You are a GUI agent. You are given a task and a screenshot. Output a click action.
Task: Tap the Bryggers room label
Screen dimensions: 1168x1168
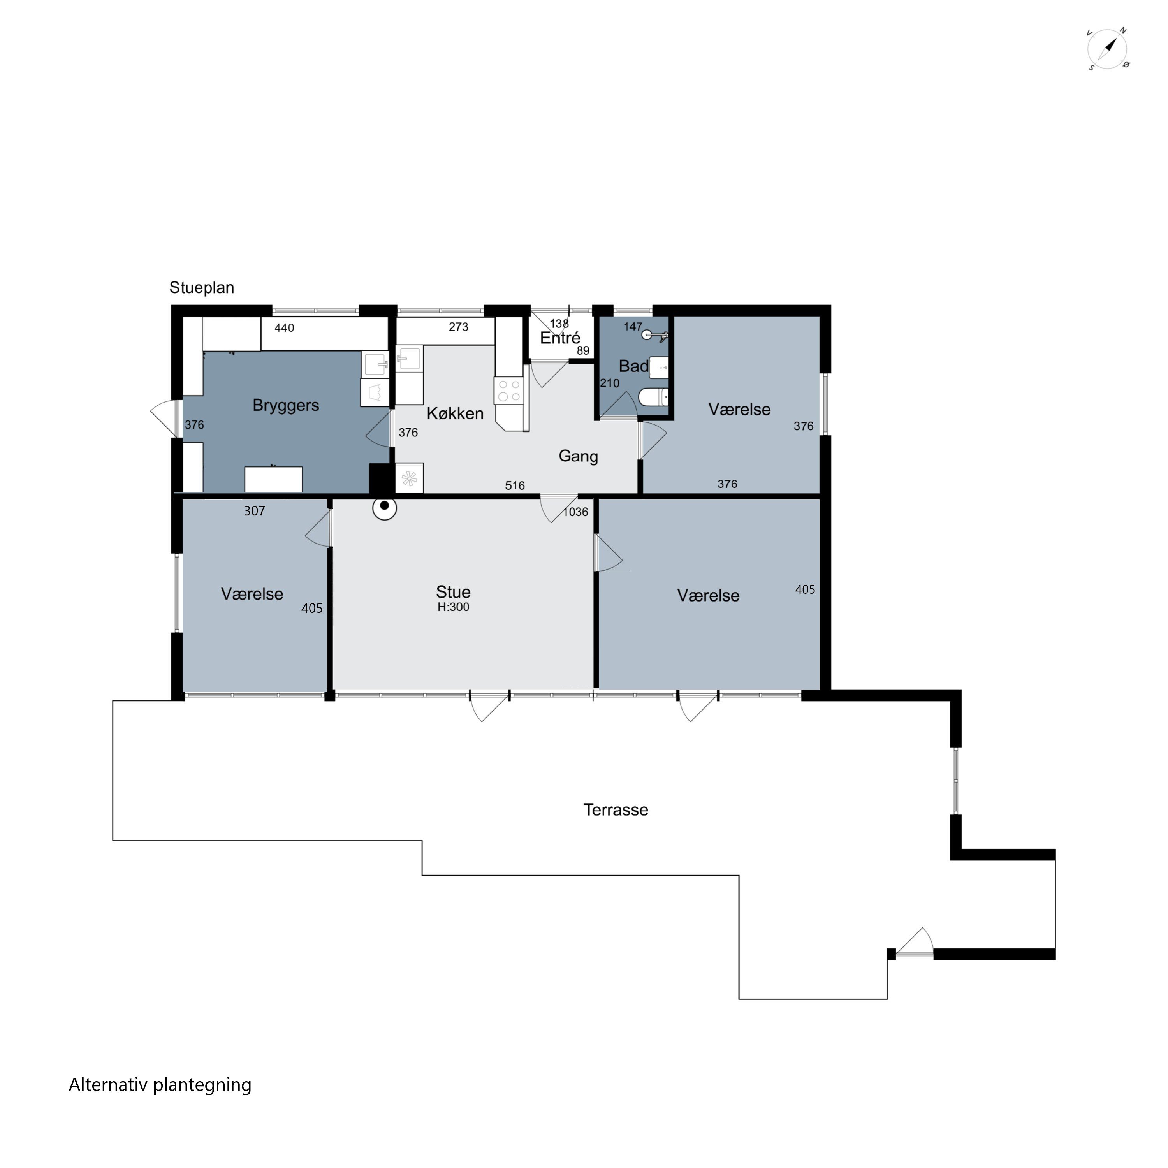tap(285, 405)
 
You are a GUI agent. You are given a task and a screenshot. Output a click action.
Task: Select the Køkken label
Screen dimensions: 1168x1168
tap(455, 413)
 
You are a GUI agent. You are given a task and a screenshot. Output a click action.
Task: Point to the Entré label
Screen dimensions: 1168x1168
tap(560, 338)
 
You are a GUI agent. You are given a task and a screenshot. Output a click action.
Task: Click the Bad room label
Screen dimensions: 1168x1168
tap(633, 366)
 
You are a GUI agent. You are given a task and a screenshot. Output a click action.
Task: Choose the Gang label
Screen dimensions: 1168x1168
tap(578, 456)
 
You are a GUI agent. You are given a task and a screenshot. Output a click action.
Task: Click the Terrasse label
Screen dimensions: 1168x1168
tap(616, 809)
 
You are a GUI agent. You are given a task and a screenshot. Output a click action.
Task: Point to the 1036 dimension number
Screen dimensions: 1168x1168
tap(575, 512)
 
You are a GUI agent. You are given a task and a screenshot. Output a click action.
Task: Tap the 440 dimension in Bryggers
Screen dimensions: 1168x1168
tap(284, 328)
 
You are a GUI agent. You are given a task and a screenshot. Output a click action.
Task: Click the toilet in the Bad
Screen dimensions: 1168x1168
tap(654, 397)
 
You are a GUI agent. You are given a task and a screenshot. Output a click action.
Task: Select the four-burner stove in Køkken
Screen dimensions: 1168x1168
tap(509, 391)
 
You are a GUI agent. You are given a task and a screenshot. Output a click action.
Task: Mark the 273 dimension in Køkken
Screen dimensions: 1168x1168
tap(458, 327)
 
